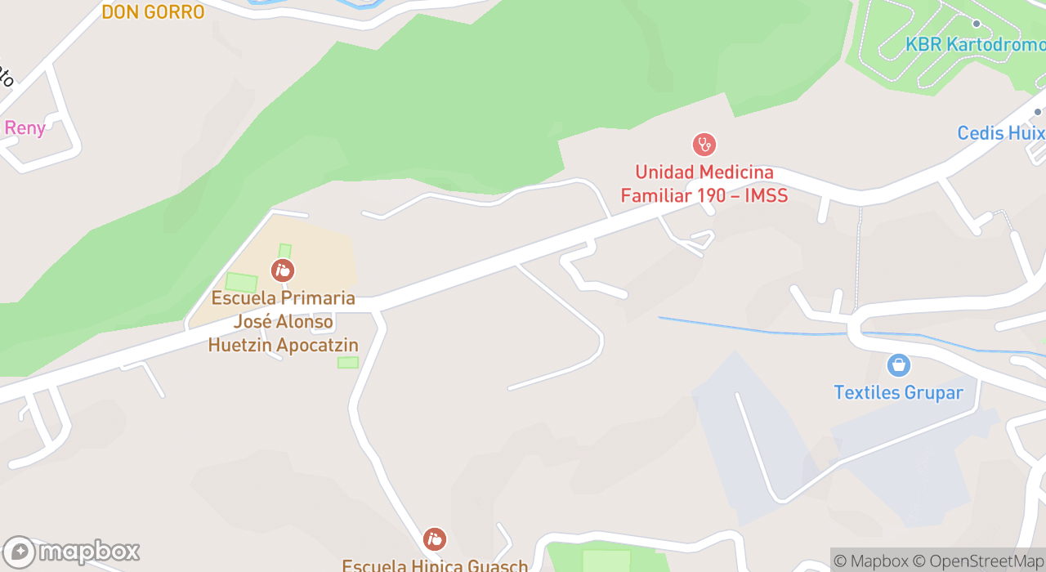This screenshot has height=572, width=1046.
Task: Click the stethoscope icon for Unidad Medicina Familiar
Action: pyautogui.click(x=704, y=145)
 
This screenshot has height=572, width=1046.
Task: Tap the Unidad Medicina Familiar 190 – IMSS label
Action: pyautogui.click(x=704, y=184)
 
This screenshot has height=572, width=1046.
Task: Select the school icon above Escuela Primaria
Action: pyautogui.click(x=283, y=270)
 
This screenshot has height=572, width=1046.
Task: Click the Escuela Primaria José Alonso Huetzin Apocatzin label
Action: pyautogui.click(x=283, y=321)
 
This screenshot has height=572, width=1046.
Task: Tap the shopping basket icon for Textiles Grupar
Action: pyautogui.click(x=898, y=364)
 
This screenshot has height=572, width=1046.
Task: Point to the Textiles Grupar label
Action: pyautogui.click(x=898, y=393)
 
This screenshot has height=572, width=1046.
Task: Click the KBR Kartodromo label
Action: pyautogui.click(x=975, y=45)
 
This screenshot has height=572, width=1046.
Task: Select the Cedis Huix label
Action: pyautogui.click(x=1001, y=133)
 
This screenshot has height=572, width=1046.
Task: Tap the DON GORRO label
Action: pyautogui.click(x=153, y=11)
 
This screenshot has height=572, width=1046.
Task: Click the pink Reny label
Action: pyautogui.click(x=25, y=128)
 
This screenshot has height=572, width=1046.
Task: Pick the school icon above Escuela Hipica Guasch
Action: pyautogui.click(x=435, y=538)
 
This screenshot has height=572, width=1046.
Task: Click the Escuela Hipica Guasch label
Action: pyautogui.click(x=435, y=565)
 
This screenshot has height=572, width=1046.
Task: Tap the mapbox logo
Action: pyautogui.click(x=71, y=552)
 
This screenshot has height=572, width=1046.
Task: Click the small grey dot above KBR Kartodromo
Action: pyautogui.click(x=976, y=24)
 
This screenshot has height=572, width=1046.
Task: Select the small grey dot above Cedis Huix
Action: pyautogui.click(x=1038, y=112)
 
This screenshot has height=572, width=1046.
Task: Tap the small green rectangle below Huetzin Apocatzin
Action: pyautogui.click(x=348, y=362)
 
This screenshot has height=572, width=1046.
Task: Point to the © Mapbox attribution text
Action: pyautogui.click(x=871, y=561)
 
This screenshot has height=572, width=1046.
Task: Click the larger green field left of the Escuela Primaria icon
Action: pyautogui.click(x=241, y=283)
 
